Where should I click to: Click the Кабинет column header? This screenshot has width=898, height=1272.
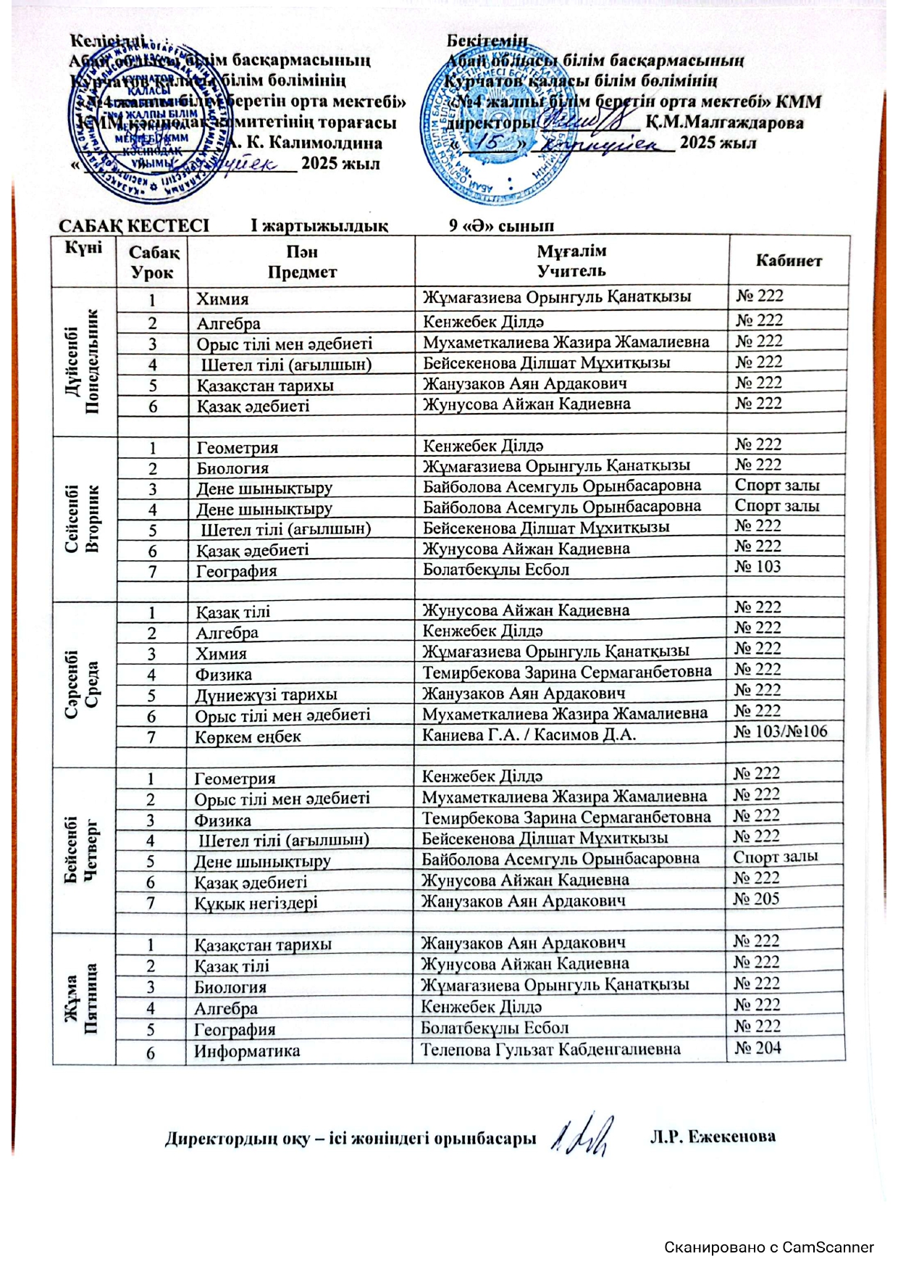tap(789, 261)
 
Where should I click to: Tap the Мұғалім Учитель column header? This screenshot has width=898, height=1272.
tap(571, 261)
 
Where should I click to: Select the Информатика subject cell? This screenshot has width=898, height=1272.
tap(247, 1051)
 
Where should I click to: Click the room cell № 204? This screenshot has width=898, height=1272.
tap(758, 1047)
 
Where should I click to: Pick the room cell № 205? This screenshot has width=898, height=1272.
tap(757, 899)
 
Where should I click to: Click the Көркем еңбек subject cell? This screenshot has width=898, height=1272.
tap(248, 737)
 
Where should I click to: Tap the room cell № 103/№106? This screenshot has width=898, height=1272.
tap(781, 731)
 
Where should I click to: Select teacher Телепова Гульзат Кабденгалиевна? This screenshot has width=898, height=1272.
tap(550, 1049)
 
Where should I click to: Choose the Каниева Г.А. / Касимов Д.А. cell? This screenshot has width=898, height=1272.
tap(529, 735)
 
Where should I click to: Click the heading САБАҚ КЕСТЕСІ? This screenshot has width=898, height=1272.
tap(134, 225)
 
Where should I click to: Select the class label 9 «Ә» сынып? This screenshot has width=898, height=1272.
tap(501, 225)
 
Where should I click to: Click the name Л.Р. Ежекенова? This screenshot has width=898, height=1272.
tap(713, 1136)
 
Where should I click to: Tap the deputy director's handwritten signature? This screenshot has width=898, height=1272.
tap(584, 1136)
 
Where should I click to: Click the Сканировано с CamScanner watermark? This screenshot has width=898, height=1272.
tap(769, 1247)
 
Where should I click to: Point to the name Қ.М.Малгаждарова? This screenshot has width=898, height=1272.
tap(724, 122)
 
